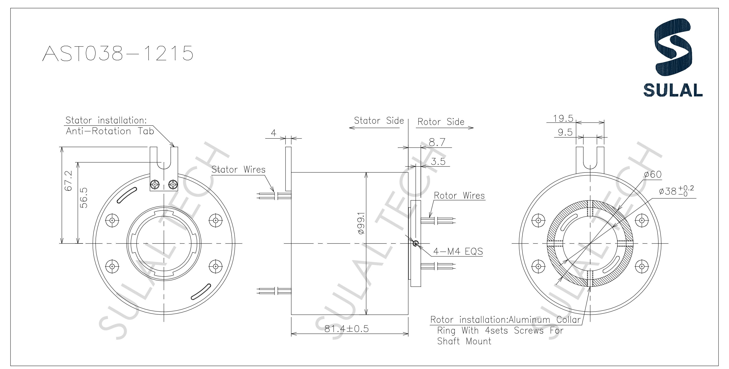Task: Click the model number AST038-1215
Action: click(118, 53)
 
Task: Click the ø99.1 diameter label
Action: click(361, 223)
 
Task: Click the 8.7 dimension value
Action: click(437, 142)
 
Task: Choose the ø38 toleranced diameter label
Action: click(676, 191)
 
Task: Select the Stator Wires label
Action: click(238, 170)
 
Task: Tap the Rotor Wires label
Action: click(459, 195)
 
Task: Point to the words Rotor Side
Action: click(441, 122)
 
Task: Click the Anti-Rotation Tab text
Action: click(110, 131)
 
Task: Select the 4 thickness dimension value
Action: click(273, 133)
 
